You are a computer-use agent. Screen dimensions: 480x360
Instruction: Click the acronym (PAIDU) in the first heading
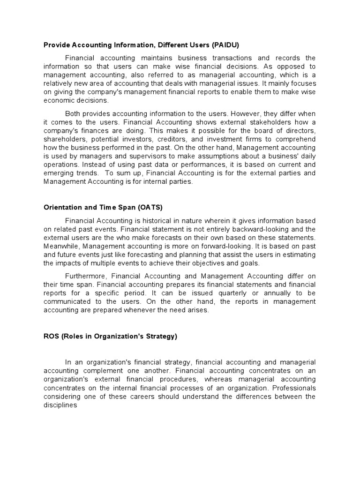click(x=225, y=45)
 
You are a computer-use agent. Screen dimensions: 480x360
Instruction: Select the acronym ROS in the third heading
click(x=52, y=337)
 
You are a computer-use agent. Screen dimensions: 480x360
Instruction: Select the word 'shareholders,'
click(x=65, y=140)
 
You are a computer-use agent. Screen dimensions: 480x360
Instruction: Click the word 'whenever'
click(x=153, y=310)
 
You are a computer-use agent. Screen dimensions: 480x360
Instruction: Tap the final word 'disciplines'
click(x=60, y=405)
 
